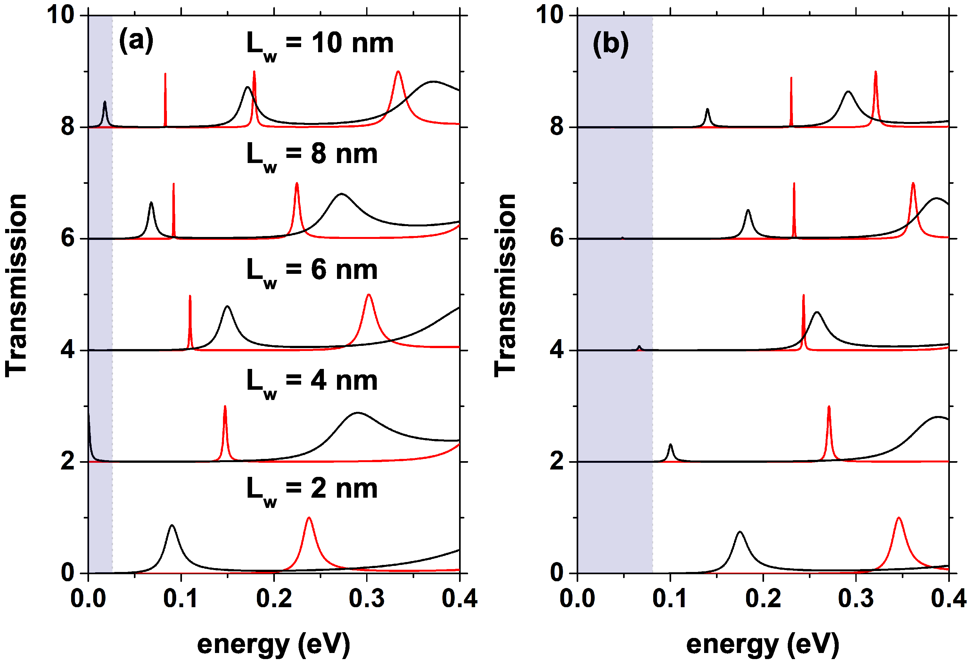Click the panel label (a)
coord(136,41)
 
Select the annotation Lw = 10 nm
coord(320,44)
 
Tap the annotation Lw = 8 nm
coord(312,155)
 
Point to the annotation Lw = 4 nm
coord(312,382)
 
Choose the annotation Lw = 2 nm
coord(312,490)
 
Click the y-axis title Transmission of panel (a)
coord(17,285)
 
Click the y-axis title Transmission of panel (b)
coord(505,285)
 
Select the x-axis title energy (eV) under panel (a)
coord(273,644)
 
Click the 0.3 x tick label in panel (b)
coord(856,598)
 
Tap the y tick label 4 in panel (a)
coord(68,350)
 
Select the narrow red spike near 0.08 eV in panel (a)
coord(165,75)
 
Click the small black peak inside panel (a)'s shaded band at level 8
coord(104,102)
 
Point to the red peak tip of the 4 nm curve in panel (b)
coord(829,407)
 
